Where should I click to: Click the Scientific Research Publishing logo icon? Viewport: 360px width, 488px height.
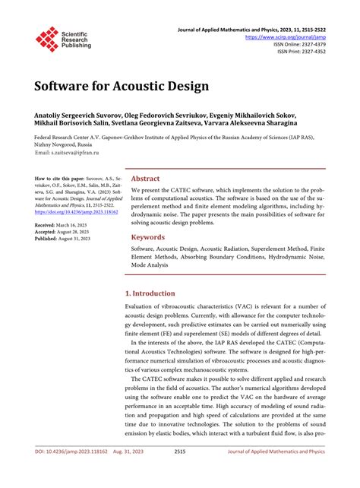[47, 39]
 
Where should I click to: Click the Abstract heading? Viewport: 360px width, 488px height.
[147, 177]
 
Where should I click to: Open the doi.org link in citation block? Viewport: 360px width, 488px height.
[71, 212]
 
